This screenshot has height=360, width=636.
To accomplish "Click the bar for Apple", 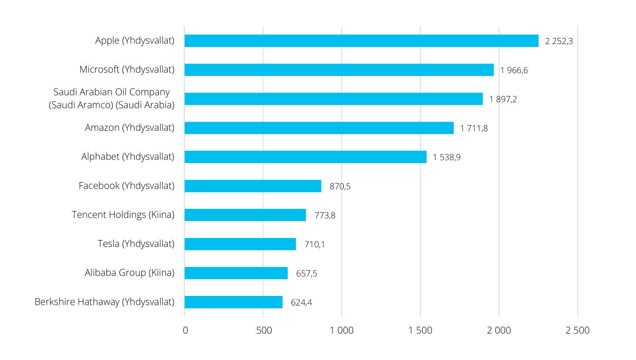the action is [x=362, y=41].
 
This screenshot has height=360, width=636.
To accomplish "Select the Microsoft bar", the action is [x=339, y=70].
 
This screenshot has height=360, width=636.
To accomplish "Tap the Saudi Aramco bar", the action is [x=334, y=99].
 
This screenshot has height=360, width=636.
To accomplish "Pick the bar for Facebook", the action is [x=253, y=186].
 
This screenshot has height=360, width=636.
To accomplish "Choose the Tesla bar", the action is [x=240, y=244].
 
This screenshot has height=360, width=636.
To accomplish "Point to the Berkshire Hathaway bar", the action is [x=233, y=302].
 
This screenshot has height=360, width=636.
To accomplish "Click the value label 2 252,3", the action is [x=559, y=41].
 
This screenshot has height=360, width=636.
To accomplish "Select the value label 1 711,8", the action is [x=474, y=129].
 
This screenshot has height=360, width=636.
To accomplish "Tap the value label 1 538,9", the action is [x=447, y=157].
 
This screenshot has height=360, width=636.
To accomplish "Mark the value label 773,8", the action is [x=325, y=215].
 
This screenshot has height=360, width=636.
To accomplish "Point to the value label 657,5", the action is [x=307, y=274].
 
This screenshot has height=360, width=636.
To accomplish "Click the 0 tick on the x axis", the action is [x=186, y=330].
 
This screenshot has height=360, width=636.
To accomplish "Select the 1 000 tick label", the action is [x=342, y=330].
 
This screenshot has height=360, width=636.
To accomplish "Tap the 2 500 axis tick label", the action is [x=578, y=330].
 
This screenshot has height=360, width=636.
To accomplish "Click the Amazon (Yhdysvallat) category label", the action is [x=130, y=128].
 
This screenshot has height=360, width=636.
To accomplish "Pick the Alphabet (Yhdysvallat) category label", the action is [x=128, y=156].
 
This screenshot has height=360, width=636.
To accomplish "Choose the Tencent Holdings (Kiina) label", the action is [x=123, y=214].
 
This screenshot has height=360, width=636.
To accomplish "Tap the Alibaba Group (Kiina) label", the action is [x=130, y=272].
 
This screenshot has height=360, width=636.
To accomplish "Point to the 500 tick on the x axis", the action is [x=264, y=330].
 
